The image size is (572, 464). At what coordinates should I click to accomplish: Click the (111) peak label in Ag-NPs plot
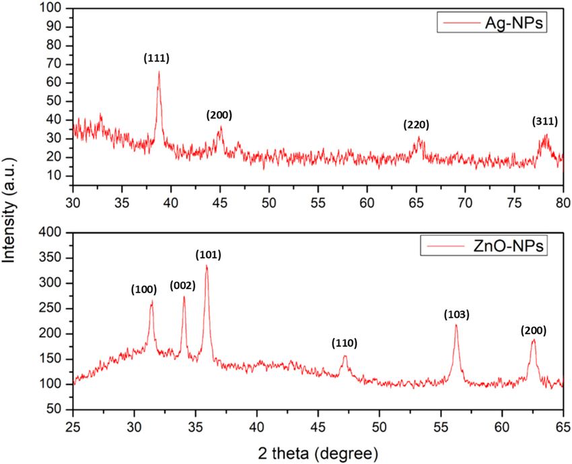point(156,59)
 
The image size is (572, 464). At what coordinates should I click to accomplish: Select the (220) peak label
point(416,125)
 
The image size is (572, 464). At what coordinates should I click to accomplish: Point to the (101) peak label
point(208,255)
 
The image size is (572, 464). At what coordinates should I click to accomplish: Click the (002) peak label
point(182,285)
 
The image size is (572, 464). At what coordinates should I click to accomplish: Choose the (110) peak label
point(344,343)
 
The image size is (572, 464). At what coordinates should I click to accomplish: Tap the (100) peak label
point(144,290)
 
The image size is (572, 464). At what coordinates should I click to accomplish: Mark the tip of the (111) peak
point(159,71)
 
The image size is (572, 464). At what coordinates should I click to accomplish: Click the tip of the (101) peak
point(207,265)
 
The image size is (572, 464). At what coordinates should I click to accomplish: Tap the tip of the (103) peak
point(456,325)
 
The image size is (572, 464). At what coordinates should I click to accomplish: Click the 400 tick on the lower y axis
point(53,232)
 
